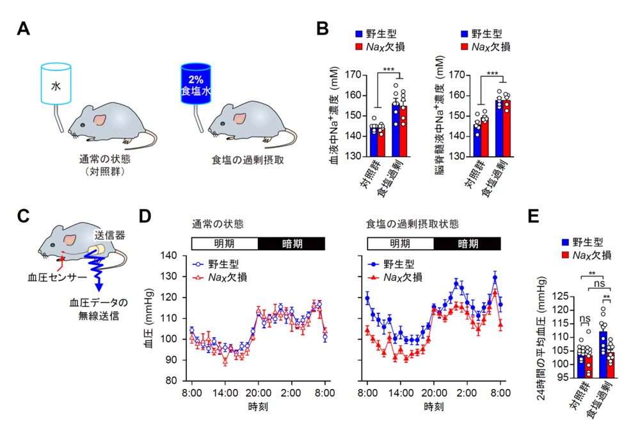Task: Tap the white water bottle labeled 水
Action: (x=56, y=83)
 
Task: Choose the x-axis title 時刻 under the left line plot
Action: (x=259, y=406)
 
